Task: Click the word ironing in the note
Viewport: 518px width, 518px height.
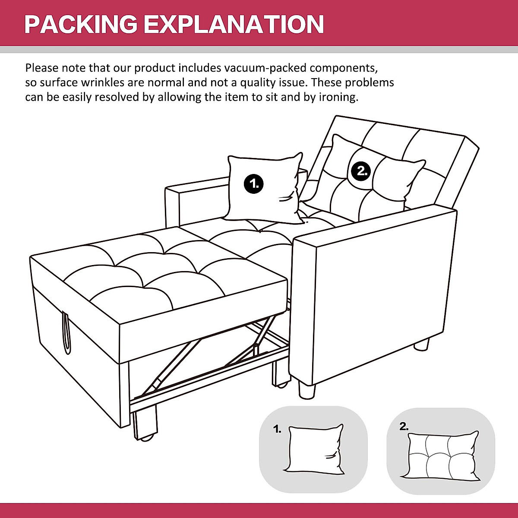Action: [x=338, y=97]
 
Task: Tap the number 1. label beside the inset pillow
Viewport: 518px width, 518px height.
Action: [x=277, y=429]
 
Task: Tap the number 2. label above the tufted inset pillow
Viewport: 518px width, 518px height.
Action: [x=404, y=426]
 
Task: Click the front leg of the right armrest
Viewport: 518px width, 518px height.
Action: [x=307, y=391]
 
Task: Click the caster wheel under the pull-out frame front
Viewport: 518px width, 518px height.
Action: [x=146, y=439]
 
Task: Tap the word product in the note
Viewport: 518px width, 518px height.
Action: [x=155, y=68]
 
